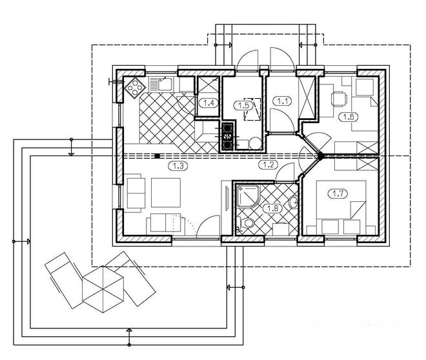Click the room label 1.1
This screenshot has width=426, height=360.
[x=283, y=101]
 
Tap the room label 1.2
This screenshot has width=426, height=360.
[x=268, y=165]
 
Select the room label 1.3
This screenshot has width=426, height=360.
[x=178, y=166]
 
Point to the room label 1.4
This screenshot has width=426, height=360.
[x=208, y=103]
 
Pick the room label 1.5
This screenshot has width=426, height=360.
[x=243, y=105]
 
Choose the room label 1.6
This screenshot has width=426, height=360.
[x=349, y=117]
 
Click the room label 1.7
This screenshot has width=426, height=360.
[x=338, y=194]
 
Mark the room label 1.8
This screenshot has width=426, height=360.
[x=272, y=208]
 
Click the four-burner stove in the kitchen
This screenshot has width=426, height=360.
[x=135, y=88]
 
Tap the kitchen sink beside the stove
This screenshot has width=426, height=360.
[x=161, y=84]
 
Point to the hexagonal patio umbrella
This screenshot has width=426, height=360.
[x=103, y=289]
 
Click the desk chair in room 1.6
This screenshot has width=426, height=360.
[x=340, y=99]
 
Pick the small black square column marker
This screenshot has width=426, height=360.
[x=157, y=156]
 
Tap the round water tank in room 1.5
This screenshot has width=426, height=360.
[x=255, y=143]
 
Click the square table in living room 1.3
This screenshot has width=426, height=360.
[x=166, y=193]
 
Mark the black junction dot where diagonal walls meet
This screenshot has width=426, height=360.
[x=320, y=156]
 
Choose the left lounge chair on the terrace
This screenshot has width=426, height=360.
[x=64, y=280]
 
